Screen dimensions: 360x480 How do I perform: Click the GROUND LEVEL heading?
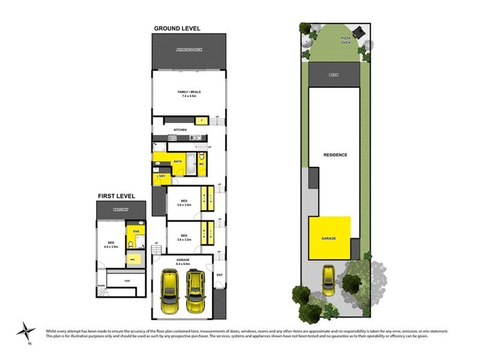177,28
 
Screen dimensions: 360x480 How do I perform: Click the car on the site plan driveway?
329,281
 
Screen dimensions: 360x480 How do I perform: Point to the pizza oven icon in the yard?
359,31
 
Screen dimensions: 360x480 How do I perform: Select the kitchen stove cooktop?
172,139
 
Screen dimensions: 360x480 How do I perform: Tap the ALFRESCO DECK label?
189,50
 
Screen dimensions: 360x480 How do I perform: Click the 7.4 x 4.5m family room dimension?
188,96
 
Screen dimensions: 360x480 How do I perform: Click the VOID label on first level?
127,281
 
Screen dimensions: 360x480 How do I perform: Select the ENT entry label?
219,275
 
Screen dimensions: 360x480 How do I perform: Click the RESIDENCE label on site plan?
335,155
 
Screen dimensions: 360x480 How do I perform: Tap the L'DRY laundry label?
160,176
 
